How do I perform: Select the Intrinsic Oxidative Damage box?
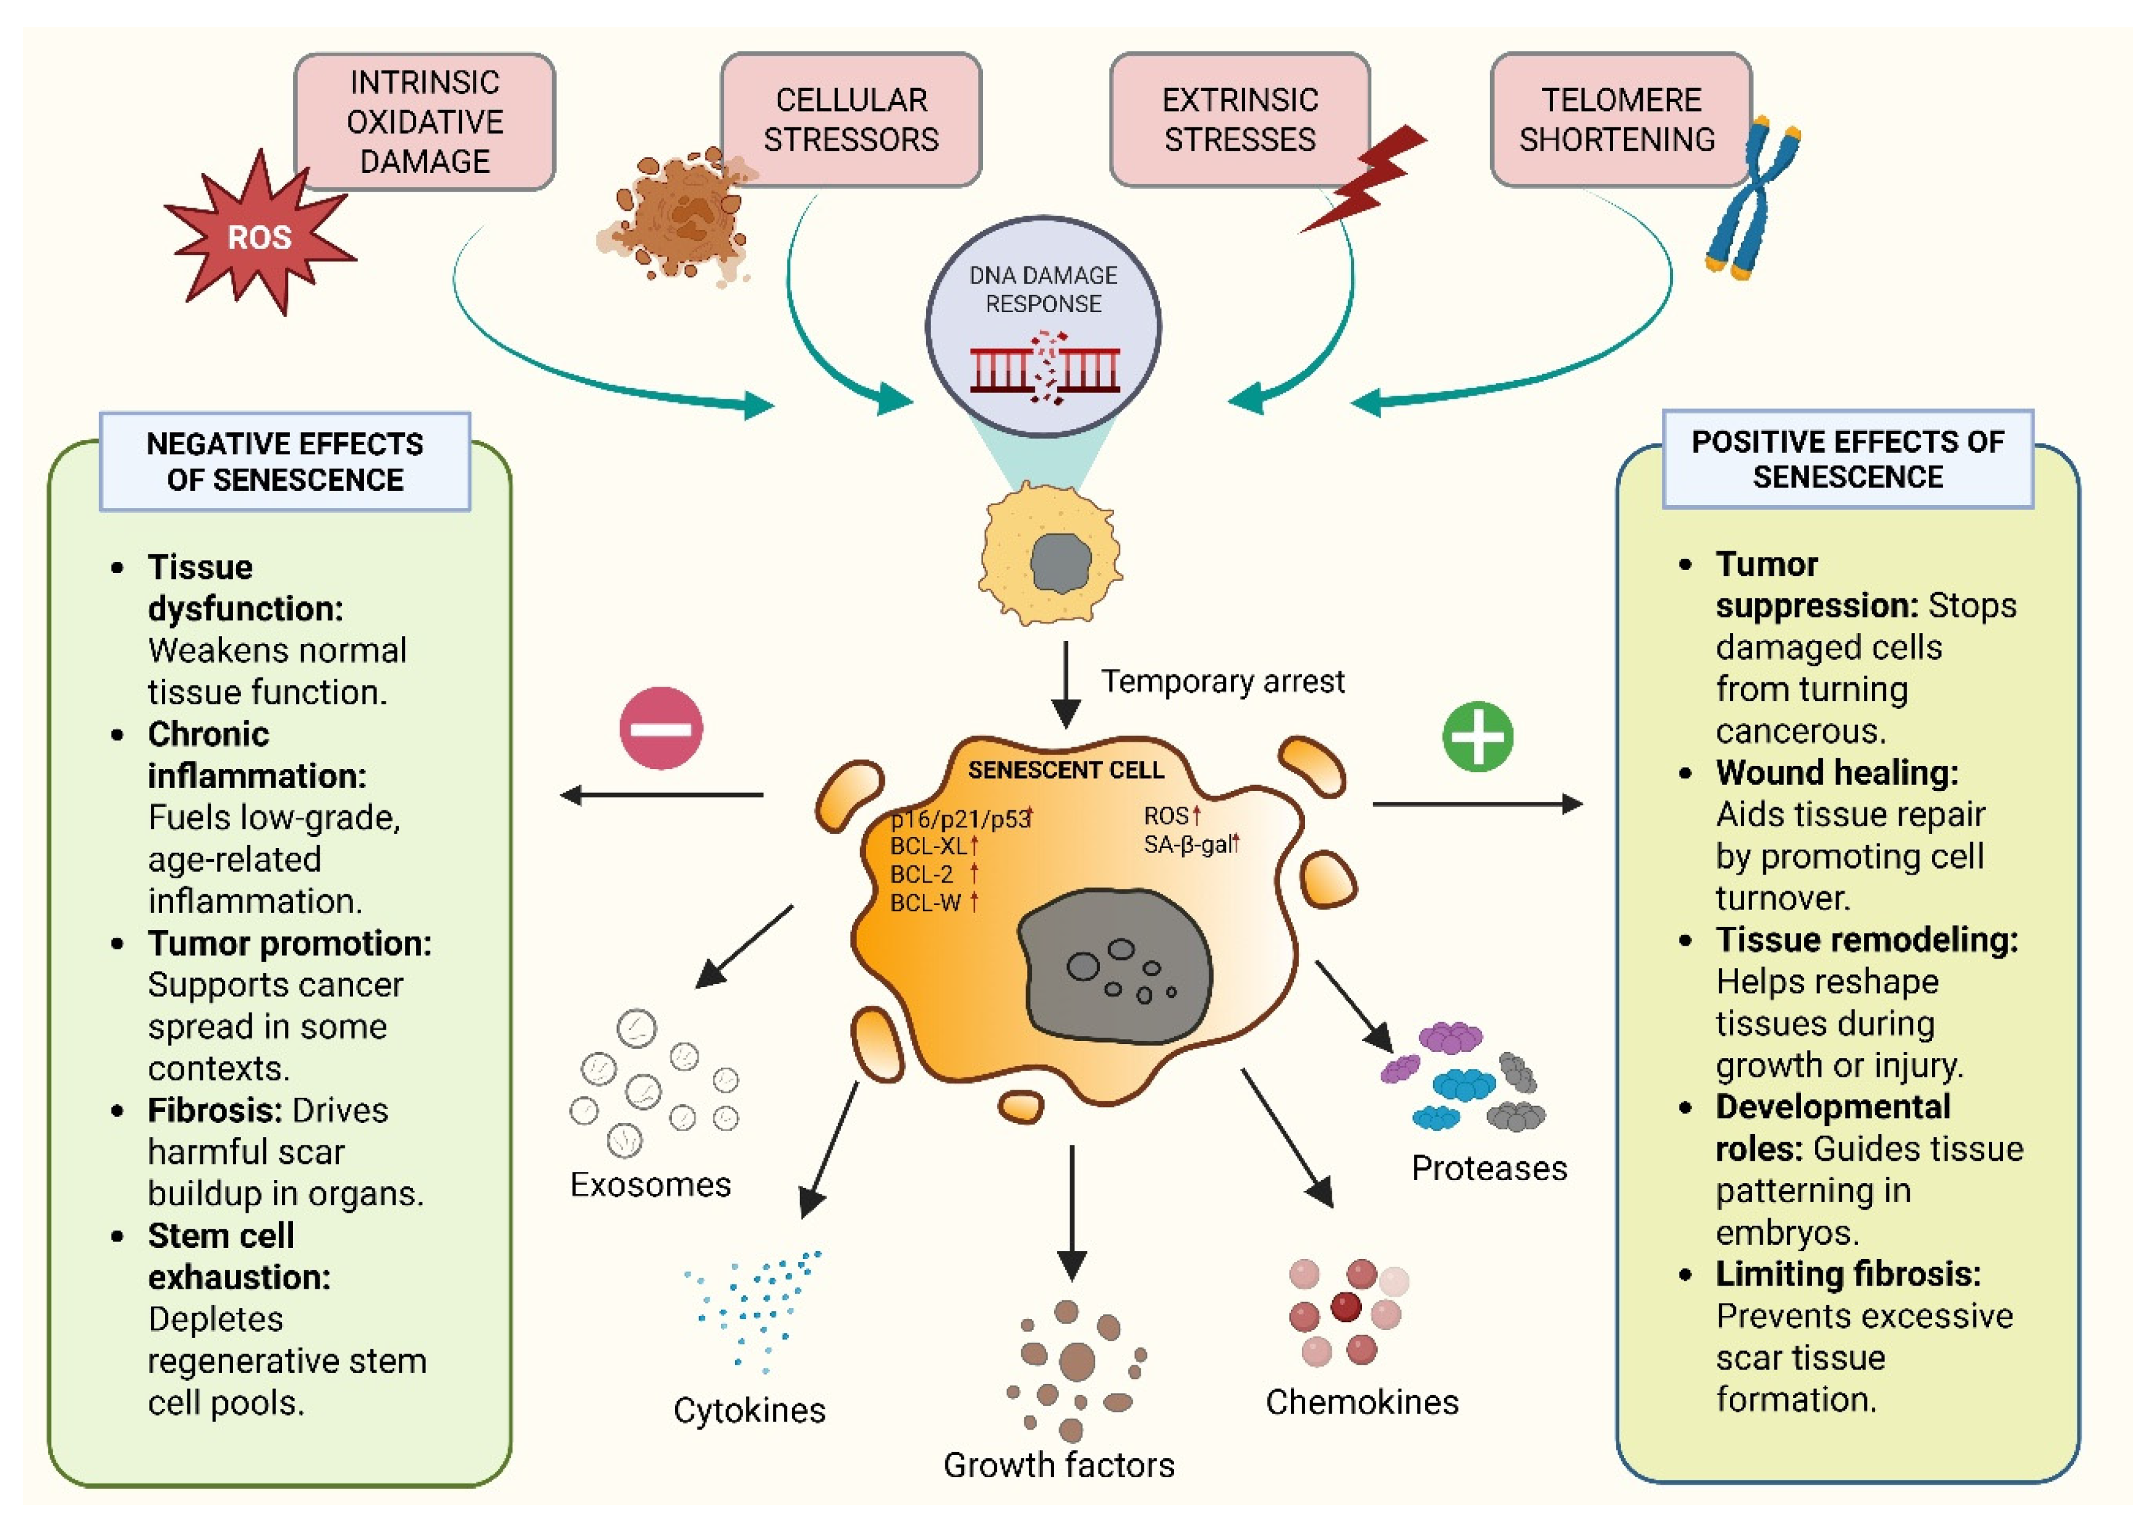424,122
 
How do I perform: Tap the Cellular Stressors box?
851,120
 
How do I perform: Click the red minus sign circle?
661,727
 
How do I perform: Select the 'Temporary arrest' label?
1222,681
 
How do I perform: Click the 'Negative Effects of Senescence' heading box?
285,462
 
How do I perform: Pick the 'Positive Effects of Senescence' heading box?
1847,459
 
